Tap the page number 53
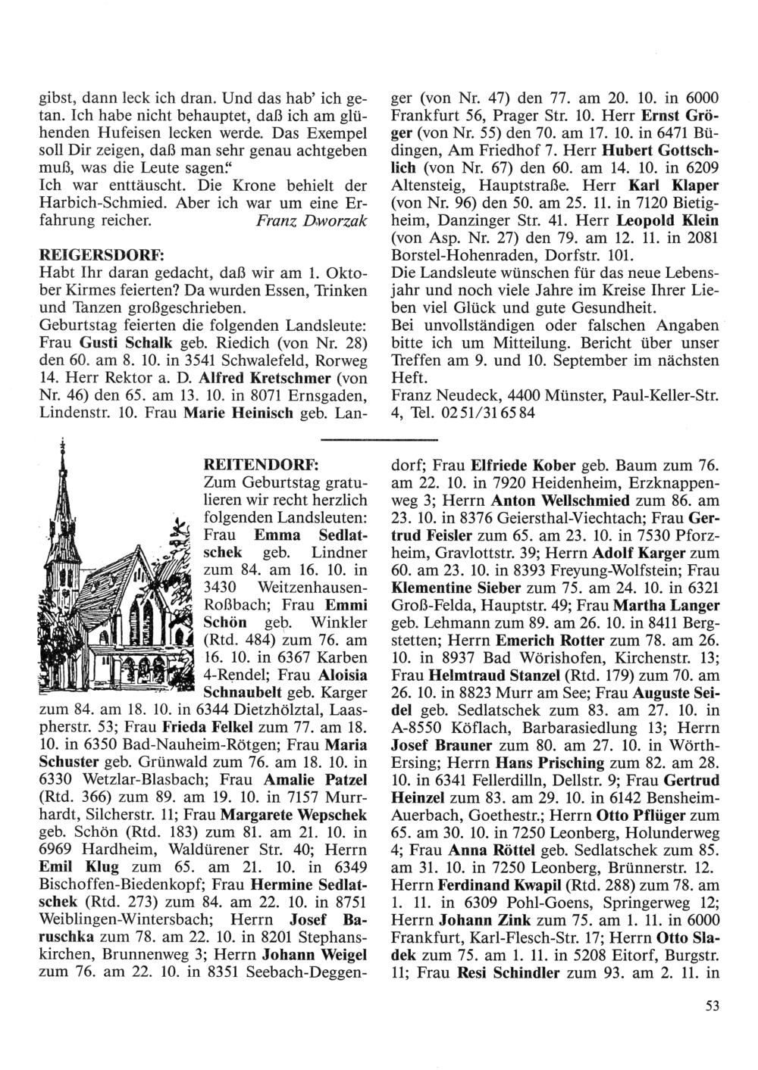point(710,1006)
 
